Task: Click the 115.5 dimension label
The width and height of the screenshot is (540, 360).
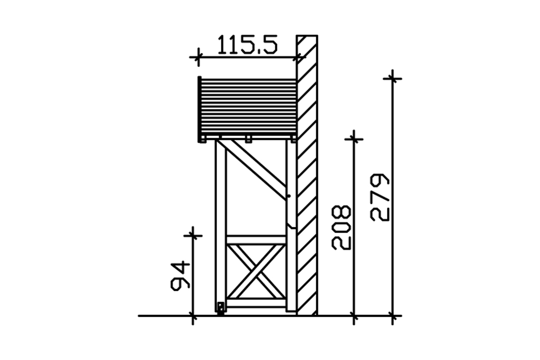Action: point(247,45)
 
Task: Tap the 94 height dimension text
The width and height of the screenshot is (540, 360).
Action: point(180,276)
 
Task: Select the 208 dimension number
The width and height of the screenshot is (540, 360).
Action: point(341,228)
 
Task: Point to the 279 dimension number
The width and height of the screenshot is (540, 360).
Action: point(380,197)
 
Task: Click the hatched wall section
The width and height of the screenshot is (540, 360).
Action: point(307,175)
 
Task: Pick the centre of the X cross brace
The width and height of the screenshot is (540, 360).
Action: point(256,271)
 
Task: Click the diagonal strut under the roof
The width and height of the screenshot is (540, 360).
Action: point(252,170)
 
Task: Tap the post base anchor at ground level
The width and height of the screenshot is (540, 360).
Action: point(220,309)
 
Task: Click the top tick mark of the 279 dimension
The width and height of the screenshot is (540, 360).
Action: point(392,79)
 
